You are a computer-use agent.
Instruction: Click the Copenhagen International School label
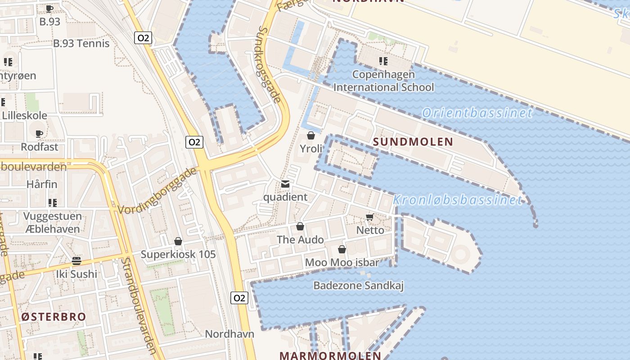point(384,81)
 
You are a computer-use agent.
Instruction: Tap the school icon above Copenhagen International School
point(383,61)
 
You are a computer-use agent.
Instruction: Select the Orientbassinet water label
point(477,112)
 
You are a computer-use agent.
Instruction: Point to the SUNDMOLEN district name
point(413,142)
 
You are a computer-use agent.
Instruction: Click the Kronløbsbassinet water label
point(458,200)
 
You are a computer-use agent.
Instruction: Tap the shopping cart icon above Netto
point(370,217)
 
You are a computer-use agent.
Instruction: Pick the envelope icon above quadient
point(285,184)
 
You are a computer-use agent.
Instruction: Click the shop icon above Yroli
point(310,135)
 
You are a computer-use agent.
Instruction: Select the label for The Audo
point(300,239)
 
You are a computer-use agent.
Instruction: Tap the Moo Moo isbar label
point(342,262)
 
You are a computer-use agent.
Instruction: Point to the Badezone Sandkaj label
point(359,285)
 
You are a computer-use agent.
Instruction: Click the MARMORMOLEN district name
point(330,355)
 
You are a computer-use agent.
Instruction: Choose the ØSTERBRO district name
point(53,316)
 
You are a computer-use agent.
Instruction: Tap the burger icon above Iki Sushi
point(76,261)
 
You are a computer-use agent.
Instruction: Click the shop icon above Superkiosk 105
point(178,242)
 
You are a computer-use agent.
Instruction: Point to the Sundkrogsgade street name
point(270,64)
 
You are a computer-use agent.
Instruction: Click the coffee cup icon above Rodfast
point(39,134)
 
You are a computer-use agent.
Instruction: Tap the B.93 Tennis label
point(81,43)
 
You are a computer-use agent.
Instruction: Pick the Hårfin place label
point(42,184)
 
